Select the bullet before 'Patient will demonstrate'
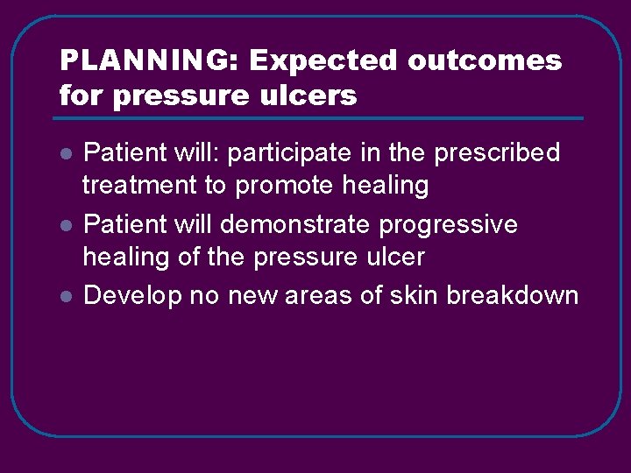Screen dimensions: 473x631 click(x=65, y=226)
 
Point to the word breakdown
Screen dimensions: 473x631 click(x=513, y=296)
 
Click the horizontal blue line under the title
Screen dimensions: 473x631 click(x=321, y=118)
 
